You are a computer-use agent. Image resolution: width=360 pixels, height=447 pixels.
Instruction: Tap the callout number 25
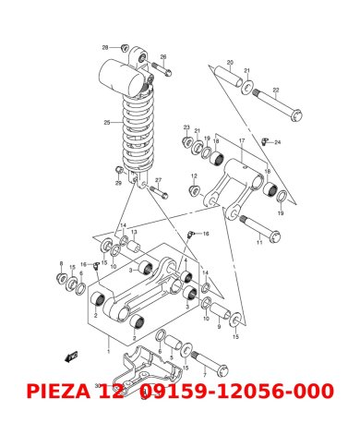(x=106, y=122)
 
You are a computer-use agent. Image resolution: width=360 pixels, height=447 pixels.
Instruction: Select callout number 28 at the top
(x=104, y=46)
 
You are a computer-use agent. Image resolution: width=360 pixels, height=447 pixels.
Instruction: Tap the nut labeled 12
(x=195, y=190)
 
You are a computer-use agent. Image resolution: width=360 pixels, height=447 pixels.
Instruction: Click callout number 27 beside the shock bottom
(x=158, y=180)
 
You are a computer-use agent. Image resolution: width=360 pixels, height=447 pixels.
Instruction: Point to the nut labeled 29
(x=120, y=172)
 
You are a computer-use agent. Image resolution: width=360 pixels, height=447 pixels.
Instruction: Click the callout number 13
(x=133, y=232)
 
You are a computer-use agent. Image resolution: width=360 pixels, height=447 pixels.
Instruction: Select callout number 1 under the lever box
(x=109, y=352)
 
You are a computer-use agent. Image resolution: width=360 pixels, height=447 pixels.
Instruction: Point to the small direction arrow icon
(x=67, y=356)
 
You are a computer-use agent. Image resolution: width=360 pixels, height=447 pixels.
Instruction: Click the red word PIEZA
(x=62, y=392)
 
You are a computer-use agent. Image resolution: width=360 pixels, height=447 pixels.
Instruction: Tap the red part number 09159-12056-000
(x=236, y=392)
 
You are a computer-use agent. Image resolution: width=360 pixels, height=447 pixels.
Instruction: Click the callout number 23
(x=186, y=127)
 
